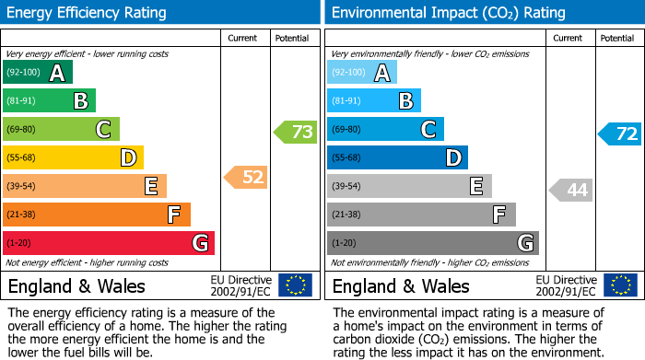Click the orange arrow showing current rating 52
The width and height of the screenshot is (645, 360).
[246, 177]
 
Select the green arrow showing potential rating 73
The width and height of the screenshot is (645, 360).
[295, 132]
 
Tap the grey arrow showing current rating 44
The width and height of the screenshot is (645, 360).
[570, 191]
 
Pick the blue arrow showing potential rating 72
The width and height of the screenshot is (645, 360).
[619, 134]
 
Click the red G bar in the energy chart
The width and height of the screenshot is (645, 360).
[108, 243]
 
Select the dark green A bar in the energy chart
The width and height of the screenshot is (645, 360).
[37, 73]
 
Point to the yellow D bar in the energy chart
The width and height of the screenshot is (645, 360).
[73, 158]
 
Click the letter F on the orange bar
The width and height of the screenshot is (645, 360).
[172, 215]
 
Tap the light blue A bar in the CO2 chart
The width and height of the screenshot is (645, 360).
[361, 73]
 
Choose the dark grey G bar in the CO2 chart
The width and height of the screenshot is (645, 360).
[432, 243]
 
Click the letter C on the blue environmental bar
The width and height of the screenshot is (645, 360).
[428, 130]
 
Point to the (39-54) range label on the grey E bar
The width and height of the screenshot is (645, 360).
[346, 187]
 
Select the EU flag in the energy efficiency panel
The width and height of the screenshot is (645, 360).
[295, 285]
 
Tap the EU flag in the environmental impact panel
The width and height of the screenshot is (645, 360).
[619, 285]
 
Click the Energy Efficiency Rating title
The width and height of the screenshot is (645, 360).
[88, 13]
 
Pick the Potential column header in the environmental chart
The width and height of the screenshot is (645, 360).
[617, 38]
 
